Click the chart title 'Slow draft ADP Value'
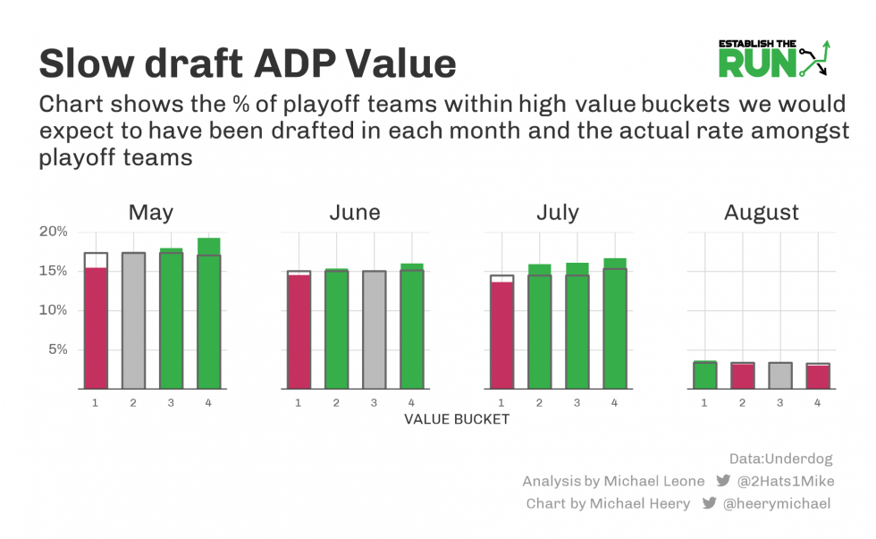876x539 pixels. click(x=248, y=63)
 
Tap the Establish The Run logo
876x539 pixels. click(x=775, y=58)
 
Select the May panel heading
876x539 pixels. click(x=151, y=212)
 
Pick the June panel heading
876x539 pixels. click(x=354, y=212)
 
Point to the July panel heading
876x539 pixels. click(x=557, y=212)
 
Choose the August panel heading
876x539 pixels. click(x=761, y=212)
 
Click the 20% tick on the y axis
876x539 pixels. click(x=53, y=232)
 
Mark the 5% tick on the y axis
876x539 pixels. click(x=56, y=350)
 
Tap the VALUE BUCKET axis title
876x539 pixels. click(x=457, y=418)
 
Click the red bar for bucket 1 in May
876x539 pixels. click(x=96, y=328)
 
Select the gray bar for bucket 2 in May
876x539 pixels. click(x=133, y=321)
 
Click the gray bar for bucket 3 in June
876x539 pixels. click(x=374, y=330)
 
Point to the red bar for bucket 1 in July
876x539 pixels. click(x=501, y=335)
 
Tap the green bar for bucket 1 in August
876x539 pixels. click(x=705, y=375)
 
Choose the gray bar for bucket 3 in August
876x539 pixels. click(x=780, y=375)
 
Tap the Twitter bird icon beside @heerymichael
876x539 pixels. click(x=709, y=503)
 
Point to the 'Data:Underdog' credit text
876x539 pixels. click(x=780, y=459)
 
